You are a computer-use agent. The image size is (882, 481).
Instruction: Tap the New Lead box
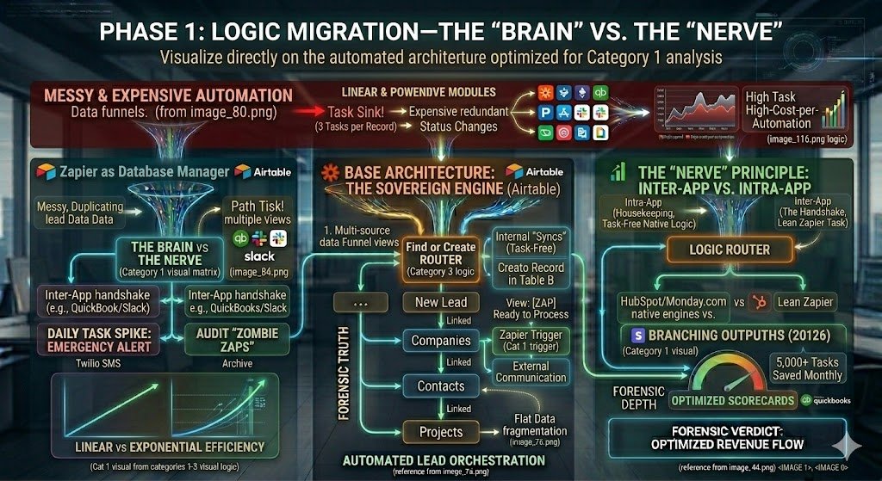pyautogui.click(x=441, y=302)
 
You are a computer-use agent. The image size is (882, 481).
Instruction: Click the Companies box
pyautogui.click(x=441, y=341)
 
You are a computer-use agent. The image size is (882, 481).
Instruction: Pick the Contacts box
pyautogui.click(x=441, y=386)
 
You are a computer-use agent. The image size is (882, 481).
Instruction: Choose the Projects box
pyautogui.click(x=441, y=432)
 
